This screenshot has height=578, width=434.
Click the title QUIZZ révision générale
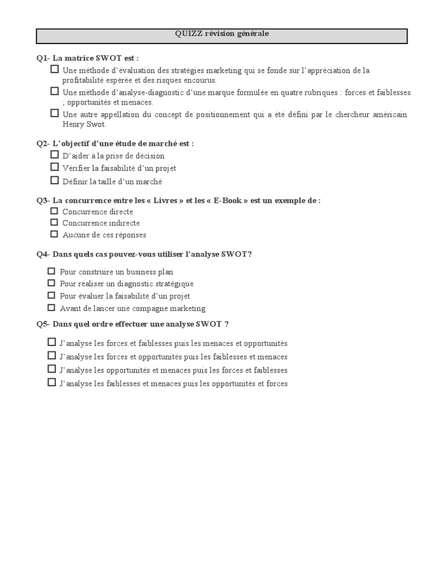coord(222,34)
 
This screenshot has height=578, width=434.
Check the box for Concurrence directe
coord(54,211)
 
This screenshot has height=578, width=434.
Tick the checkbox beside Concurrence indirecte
coord(54,222)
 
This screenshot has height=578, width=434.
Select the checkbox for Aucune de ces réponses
coord(54,234)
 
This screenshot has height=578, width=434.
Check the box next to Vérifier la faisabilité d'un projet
coord(54,167)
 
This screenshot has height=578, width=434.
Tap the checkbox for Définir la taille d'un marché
coord(54,181)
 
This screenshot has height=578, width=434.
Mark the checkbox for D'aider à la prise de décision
coord(54,154)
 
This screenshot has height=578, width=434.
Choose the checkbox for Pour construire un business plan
coord(51,271)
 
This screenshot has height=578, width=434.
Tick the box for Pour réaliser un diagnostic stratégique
coord(51,283)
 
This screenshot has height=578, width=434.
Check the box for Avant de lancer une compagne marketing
coord(51,308)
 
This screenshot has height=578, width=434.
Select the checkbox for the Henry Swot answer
coord(54,113)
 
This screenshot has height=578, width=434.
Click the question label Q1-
coord(44,58)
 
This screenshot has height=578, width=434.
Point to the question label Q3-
coord(44,200)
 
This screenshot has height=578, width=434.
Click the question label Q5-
coord(44,324)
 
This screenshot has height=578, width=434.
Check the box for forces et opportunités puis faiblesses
coord(51,356)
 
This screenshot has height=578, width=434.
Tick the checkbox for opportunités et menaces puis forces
coord(51,369)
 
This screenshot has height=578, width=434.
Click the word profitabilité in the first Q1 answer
coord(85,80)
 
